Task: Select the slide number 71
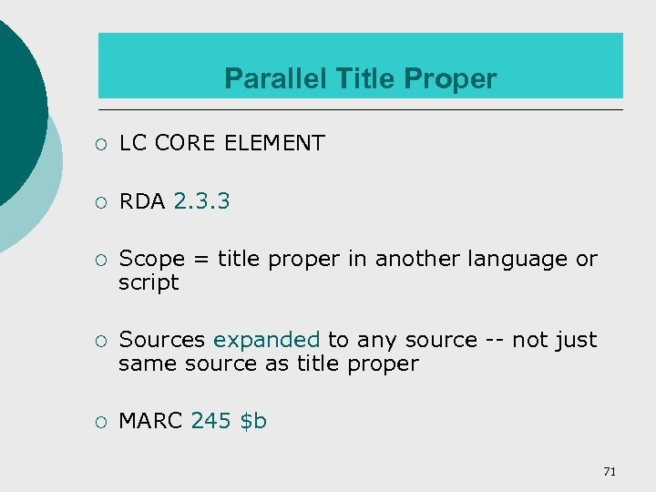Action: coord(610,471)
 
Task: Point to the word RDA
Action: coord(142,200)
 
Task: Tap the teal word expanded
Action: coord(266,340)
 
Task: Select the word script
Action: coord(149,282)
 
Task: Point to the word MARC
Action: coord(151,421)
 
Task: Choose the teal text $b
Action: coord(252,421)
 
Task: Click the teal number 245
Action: coord(210,421)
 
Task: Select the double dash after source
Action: coord(494,340)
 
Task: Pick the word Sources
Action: coord(162,340)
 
